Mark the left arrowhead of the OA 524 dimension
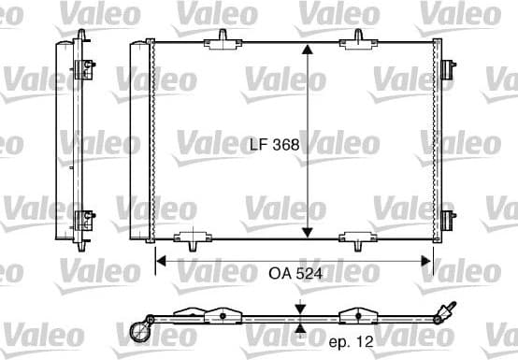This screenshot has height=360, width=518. pyautogui.click(x=160, y=261)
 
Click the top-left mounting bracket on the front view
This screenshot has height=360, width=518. pyautogui.click(x=222, y=37)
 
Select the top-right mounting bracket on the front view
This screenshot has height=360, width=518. pyautogui.click(x=356, y=37)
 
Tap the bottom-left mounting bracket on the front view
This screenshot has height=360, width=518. pyautogui.click(x=193, y=240)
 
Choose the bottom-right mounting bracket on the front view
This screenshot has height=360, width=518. pyautogui.click(x=356, y=240)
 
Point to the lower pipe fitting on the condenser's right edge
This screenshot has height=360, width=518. pyautogui.click(x=450, y=222)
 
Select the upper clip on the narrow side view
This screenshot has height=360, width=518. pyautogui.click(x=85, y=67)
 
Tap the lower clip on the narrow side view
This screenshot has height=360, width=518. pyautogui.click(x=84, y=221)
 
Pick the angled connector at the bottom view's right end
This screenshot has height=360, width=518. pyautogui.click(x=447, y=310)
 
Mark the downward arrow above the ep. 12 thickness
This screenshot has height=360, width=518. pyautogui.click(x=299, y=309)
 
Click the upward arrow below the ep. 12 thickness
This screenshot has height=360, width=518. pyautogui.click(x=299, y=327)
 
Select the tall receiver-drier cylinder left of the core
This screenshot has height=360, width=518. pyautogui.click(x=141, y=140)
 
